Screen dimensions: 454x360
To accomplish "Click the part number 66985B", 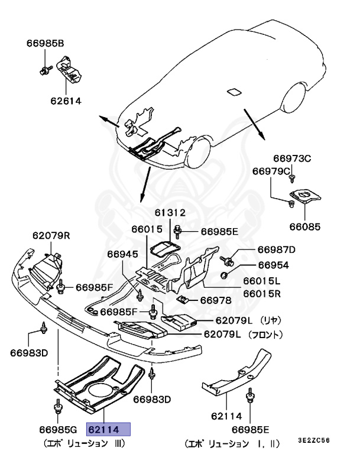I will coord(45,43).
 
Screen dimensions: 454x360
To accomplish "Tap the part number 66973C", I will coord(291,158).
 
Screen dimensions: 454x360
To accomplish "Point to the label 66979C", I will coord(271,171).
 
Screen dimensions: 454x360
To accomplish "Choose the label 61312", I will coord(171,213).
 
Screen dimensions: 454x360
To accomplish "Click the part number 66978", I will coord(215,300).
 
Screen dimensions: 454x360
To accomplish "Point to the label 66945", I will coord(122,254).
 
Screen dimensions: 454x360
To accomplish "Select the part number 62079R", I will coord(51,236).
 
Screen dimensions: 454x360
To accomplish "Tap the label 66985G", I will coord(59,429).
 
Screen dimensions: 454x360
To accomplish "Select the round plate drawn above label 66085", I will coord(305,198).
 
